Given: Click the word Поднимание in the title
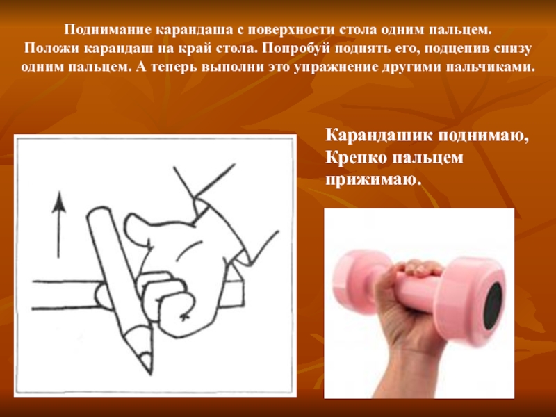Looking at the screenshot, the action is click(108, 29).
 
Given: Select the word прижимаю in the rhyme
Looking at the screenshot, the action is click(373, 180).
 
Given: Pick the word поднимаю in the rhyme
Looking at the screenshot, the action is click(483, 135).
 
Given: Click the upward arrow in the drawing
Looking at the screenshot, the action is click(59, 224).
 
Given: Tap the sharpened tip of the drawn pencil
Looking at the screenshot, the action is click(148, 366).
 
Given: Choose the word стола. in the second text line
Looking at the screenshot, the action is click(237, 48).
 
